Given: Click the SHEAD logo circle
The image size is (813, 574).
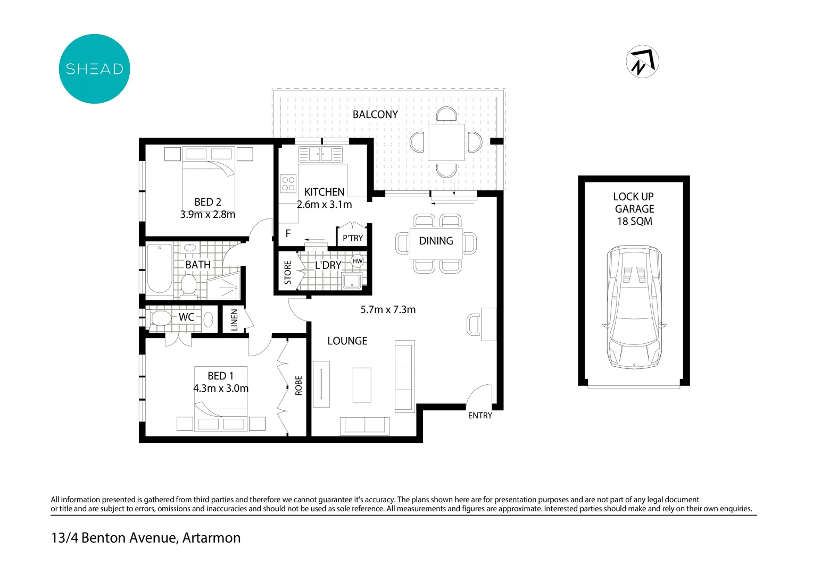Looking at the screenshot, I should point(94,69).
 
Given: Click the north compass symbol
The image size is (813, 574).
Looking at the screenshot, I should point(642,62).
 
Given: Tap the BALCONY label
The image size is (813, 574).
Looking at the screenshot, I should point(375,114).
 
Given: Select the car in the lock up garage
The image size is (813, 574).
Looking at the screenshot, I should point(634,307).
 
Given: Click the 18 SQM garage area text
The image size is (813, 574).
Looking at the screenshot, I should point(634,222).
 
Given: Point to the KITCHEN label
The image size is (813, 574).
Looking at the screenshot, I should point(324,192).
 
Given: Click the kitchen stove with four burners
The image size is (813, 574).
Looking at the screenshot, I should point(288,184).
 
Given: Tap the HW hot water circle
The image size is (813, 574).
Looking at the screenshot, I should point(358,261).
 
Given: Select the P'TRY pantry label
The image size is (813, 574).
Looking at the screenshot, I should point(352,238).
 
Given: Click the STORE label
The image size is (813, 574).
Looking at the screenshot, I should point(288,272).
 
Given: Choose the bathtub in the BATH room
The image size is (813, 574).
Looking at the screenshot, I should point(160,268).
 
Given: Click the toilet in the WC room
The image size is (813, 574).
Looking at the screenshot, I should point(160,318).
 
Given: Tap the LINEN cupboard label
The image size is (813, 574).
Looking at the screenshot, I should point(234,320).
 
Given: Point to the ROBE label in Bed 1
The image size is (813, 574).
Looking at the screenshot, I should point(298,385).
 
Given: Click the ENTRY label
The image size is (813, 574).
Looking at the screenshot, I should point(480,416).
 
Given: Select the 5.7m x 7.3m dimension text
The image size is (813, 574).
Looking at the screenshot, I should point(388,310).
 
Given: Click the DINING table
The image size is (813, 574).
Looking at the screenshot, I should point(436,243).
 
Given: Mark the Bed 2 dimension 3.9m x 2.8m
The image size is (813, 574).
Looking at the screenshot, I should point(208,215).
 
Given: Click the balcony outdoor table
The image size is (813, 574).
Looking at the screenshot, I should point(446,142).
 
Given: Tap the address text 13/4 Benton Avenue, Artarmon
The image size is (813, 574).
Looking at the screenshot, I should point(146,538).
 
